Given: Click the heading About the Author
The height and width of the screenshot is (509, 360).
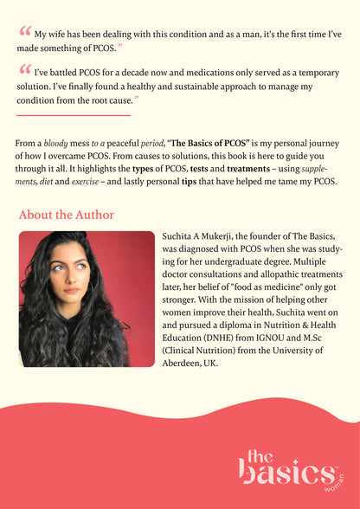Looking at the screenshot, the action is tap(66, 215).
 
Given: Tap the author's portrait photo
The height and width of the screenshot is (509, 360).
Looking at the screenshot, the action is tap(87, 299).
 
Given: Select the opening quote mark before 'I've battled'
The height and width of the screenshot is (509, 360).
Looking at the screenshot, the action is tap(24, 72).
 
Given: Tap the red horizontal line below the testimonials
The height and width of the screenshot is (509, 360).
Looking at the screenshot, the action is tap(73, 115).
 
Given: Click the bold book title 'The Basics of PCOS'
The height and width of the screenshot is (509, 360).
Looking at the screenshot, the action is tap(209, 143).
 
